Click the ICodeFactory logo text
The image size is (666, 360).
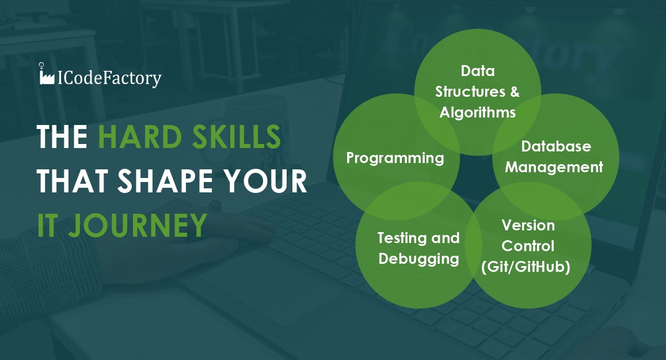[x=109, y=78]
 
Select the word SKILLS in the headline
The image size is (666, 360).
[x=237, y=137]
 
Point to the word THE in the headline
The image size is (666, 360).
[x=62, y=137]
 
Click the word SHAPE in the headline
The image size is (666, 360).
[x=165, y=181]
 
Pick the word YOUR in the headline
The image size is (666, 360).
[x=265, y=181]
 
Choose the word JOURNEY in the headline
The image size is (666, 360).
[x=138, y=225]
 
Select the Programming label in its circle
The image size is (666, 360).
[x=395, y=158]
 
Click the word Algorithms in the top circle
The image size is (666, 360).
[x=477, y=112]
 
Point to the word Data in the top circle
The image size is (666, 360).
[x=478, y=70]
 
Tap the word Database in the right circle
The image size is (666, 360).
[x=556, y=146]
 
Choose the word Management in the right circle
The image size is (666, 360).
[x=554, y=167]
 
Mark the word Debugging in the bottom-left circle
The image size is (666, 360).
[x=419, y=259]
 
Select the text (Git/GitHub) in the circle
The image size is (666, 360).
[x=526, y=267]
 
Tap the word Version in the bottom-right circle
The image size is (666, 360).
[x=528, y=225]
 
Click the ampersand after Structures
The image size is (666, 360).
[x=515, y=92]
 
